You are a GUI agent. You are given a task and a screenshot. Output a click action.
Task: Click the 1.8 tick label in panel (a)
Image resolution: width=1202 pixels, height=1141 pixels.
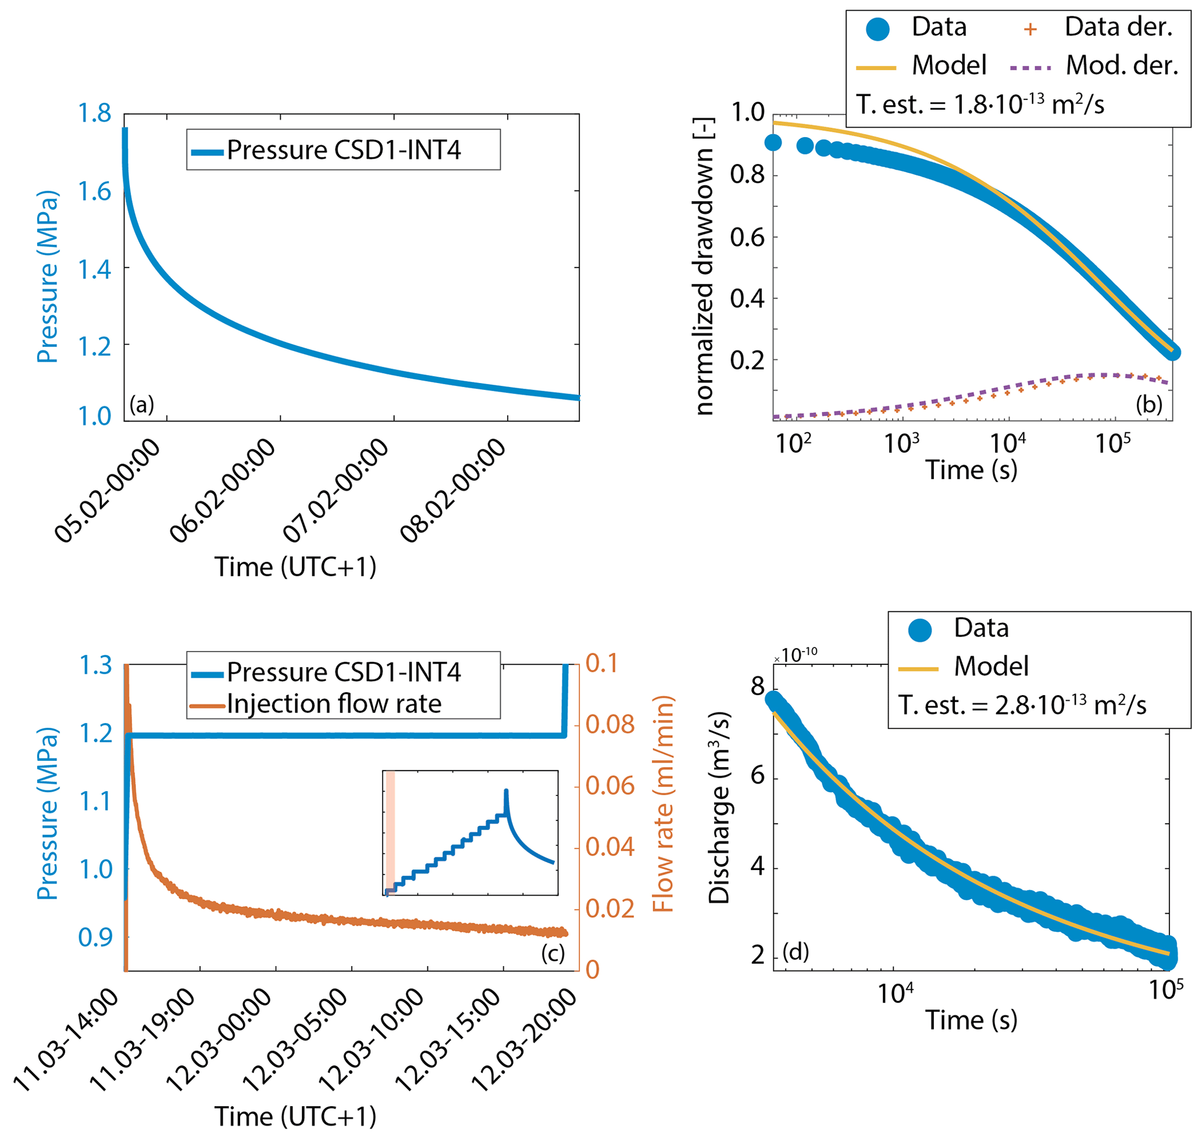[94, 114]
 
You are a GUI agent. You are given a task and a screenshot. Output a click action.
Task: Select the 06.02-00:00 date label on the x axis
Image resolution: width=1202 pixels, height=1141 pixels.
[222, 490]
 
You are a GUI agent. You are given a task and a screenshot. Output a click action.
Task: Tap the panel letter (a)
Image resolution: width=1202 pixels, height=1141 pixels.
[142, 405]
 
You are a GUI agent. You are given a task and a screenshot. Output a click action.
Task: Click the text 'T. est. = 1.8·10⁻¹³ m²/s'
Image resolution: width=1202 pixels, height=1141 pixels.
[980, 105]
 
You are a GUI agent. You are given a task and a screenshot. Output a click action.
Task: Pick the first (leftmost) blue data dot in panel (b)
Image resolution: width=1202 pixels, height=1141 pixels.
[773, 143]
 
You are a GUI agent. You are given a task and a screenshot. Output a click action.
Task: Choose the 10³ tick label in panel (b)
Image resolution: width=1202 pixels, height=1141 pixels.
[901, 444]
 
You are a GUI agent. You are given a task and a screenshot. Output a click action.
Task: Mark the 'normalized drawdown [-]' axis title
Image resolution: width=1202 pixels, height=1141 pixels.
[704, 266]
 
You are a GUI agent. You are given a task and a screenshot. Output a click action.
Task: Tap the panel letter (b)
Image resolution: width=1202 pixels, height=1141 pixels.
[1149, 405]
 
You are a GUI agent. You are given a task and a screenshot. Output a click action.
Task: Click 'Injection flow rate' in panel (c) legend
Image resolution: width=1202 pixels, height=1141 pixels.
[334, 704]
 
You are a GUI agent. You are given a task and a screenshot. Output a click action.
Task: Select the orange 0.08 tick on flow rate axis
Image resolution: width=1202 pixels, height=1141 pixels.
[610, 724]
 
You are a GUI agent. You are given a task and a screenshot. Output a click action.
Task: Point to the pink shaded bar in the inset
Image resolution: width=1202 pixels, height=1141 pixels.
[391, 832]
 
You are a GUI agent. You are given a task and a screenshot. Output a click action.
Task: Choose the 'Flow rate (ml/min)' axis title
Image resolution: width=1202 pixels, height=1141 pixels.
[663, 804]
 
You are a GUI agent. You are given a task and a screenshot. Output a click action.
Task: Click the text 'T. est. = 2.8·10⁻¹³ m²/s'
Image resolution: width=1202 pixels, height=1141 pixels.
[1022, 706]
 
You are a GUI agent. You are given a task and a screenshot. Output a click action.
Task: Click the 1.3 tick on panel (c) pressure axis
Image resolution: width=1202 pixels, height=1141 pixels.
[95, 666]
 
